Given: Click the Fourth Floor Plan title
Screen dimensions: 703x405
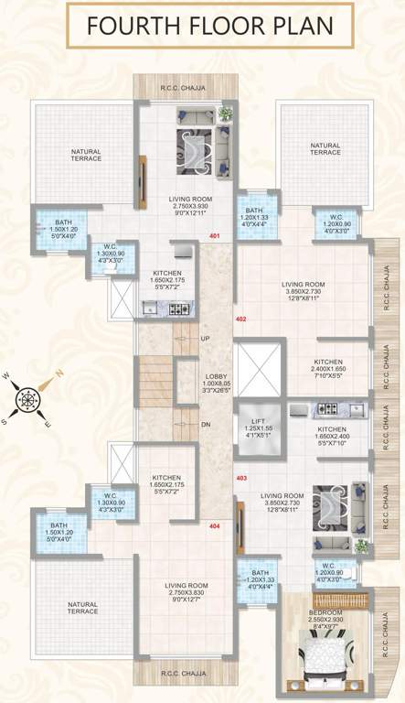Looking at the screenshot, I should [x=202, y=27].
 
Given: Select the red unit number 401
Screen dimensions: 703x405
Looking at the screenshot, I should [x=216, y=237].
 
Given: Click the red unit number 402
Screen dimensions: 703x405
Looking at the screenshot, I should [x=241, y=319].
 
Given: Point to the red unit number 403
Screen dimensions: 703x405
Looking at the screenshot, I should [x=241, y=478].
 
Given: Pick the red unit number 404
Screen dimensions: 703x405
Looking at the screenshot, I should [x=215, y=526].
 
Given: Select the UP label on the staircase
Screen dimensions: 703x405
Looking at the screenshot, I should [x=205, y=338].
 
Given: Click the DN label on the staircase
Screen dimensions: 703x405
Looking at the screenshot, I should [x=205, y=425].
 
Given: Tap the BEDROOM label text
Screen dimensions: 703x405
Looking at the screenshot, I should [x=325, y=612].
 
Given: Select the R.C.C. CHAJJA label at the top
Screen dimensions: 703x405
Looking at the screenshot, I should [x=184, y=88].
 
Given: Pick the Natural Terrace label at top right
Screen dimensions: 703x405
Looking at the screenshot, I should [x=325, y=148].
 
